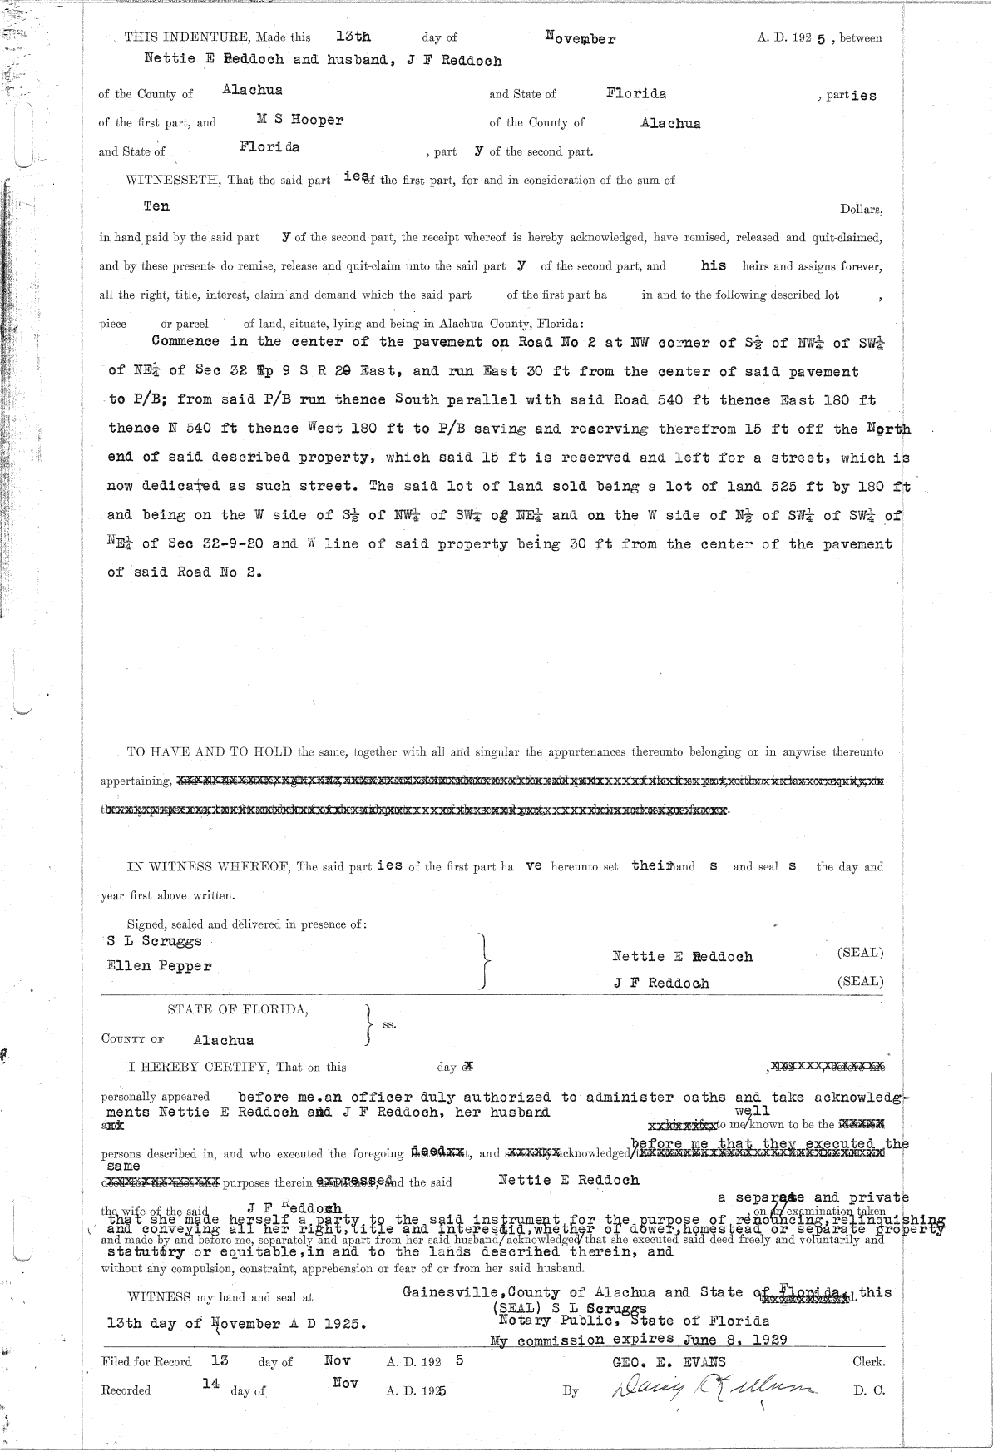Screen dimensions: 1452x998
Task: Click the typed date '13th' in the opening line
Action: (353, 37)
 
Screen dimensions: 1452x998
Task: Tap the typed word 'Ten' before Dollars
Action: (156, 206)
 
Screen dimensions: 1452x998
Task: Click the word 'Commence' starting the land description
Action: (186, 341)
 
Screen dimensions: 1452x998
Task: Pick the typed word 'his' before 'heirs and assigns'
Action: (713, 265)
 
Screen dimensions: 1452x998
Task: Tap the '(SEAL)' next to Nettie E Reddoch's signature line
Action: (860, 953)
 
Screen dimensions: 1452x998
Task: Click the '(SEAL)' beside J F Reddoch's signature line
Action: (860, 981)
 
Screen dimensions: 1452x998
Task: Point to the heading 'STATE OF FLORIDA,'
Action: (238, 1010)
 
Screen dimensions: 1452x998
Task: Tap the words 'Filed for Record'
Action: (146, 1362)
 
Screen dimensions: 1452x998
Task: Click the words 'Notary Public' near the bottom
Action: (544, 1321)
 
